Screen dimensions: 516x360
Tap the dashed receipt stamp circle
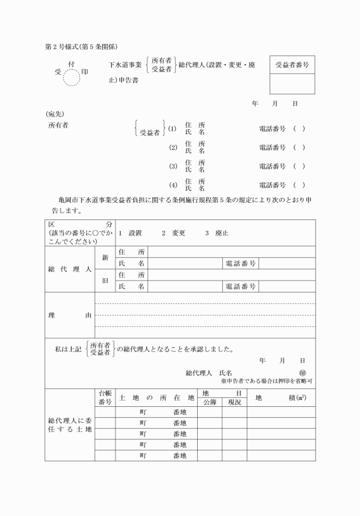pos(73,76)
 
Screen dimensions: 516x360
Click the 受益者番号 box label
pos(292,65)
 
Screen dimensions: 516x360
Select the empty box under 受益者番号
pos(292,84)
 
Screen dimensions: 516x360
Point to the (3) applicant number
pos(174,167)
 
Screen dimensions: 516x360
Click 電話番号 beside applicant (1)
pos(272,129)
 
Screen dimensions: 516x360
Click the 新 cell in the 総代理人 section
pos(105,258)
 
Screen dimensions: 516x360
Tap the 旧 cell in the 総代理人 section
pos(105,281)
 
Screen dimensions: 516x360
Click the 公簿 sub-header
pos(210,402)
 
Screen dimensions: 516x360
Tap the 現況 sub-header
pos(234,402)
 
